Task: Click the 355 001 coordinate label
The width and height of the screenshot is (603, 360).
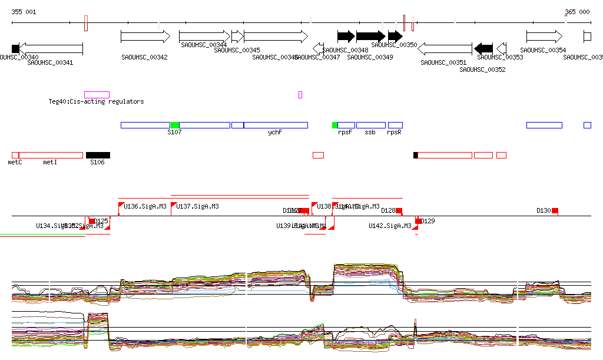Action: [x=24, y=12]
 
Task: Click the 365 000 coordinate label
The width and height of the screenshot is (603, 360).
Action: [x=577, y=12]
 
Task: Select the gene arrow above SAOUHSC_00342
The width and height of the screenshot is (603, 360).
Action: [x=145, y=37]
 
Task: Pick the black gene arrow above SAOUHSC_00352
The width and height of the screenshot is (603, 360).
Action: [x=483, y=48]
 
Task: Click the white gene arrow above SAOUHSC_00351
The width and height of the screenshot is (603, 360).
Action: [x=445, y=48]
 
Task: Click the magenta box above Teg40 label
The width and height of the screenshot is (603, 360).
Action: [x=97, y=94]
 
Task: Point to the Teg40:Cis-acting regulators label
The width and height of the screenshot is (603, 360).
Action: [x=96, y=101]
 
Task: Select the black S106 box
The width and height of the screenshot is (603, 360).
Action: [x=98, y=155]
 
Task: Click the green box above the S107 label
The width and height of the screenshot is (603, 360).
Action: [x=174, y=125]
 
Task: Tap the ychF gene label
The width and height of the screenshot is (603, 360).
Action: [x=275, y=133]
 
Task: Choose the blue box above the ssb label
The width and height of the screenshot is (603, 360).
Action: [x=370, y=125]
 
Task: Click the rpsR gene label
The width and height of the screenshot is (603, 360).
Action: [x=394, y=133]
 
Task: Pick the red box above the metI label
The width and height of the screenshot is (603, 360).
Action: [x=51, y=155]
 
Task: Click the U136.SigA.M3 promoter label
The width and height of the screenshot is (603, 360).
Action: [x=145, y=206]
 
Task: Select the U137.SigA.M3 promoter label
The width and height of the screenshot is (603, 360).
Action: [x=198, y=206]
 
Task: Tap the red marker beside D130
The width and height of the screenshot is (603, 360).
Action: [x=555, y=210]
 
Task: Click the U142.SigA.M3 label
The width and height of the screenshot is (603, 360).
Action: [x=390, y=226]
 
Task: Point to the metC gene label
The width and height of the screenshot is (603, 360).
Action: [x=15, y=162]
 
